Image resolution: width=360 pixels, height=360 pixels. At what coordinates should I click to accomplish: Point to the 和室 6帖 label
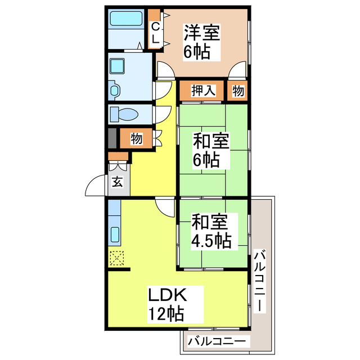coord(211,150)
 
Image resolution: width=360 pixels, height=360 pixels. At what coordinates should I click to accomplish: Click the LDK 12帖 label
coord(167,304)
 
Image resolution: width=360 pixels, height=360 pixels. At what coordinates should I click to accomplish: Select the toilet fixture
coord(124,115)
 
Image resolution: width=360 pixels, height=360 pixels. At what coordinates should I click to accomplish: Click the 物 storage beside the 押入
coord(238,91)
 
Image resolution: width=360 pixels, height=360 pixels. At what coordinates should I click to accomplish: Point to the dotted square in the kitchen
coord(117,258)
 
